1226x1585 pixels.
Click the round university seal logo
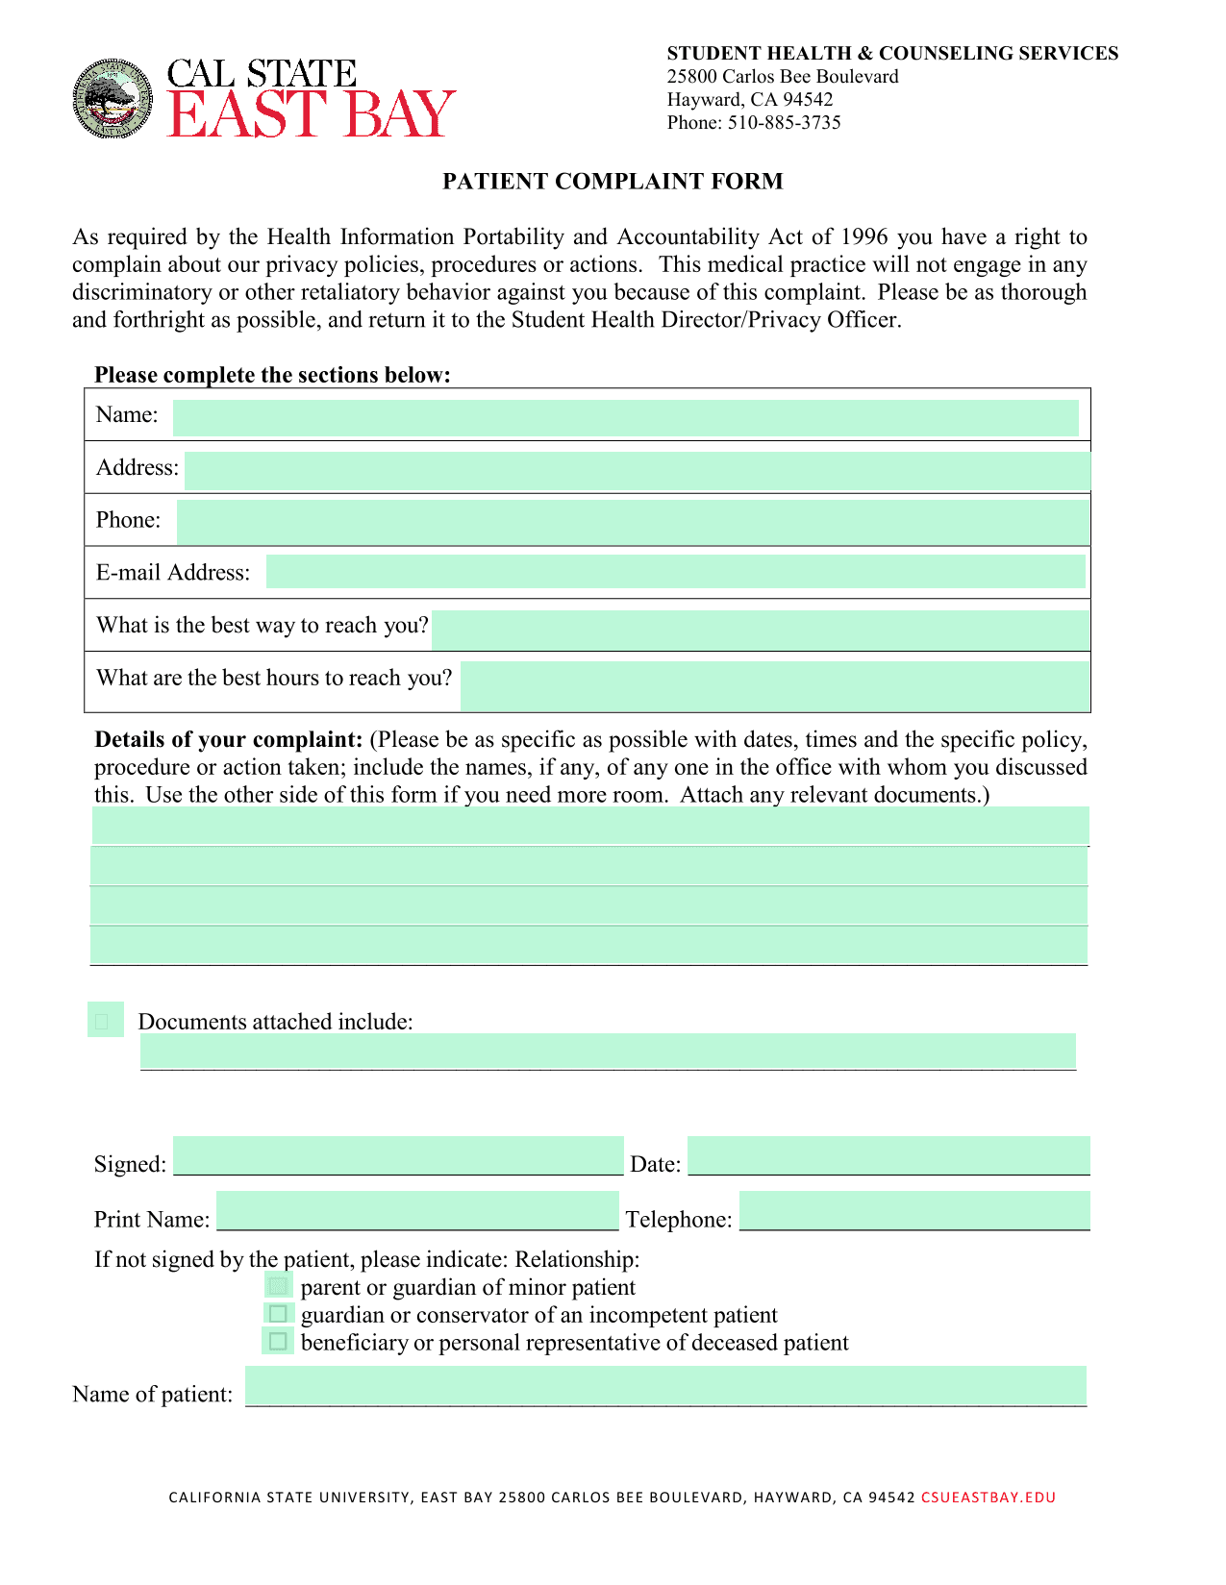tap(113, 99)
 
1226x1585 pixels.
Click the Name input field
tap(625, 418)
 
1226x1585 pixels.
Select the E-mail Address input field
tap(675, 571)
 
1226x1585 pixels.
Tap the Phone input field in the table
tap(633, 522)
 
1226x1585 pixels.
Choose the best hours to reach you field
tap(774, 684)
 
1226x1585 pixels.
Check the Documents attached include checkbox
tap(104, 1020)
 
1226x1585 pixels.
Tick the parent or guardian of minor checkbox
tap(278, 1285)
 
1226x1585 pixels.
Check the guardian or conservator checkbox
tap(278, 1313)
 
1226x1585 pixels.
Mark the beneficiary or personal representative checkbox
tap(278, 1341)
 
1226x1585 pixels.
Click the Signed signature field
tap(398, 1155)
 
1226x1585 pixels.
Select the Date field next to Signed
tap(888, 1155)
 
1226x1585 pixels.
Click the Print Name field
tap(417, 1210)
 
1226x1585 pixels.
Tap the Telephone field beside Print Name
tap(914, 1210)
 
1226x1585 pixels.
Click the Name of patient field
tap(665, 1386)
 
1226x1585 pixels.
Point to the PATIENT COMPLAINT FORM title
tap(613, 182)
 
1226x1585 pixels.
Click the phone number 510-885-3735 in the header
tap(784, 123)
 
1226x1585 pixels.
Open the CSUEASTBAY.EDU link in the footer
tap(988, 1498)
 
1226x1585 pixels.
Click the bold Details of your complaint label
tap(228, 740)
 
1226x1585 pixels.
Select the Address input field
tap(638, 471)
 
